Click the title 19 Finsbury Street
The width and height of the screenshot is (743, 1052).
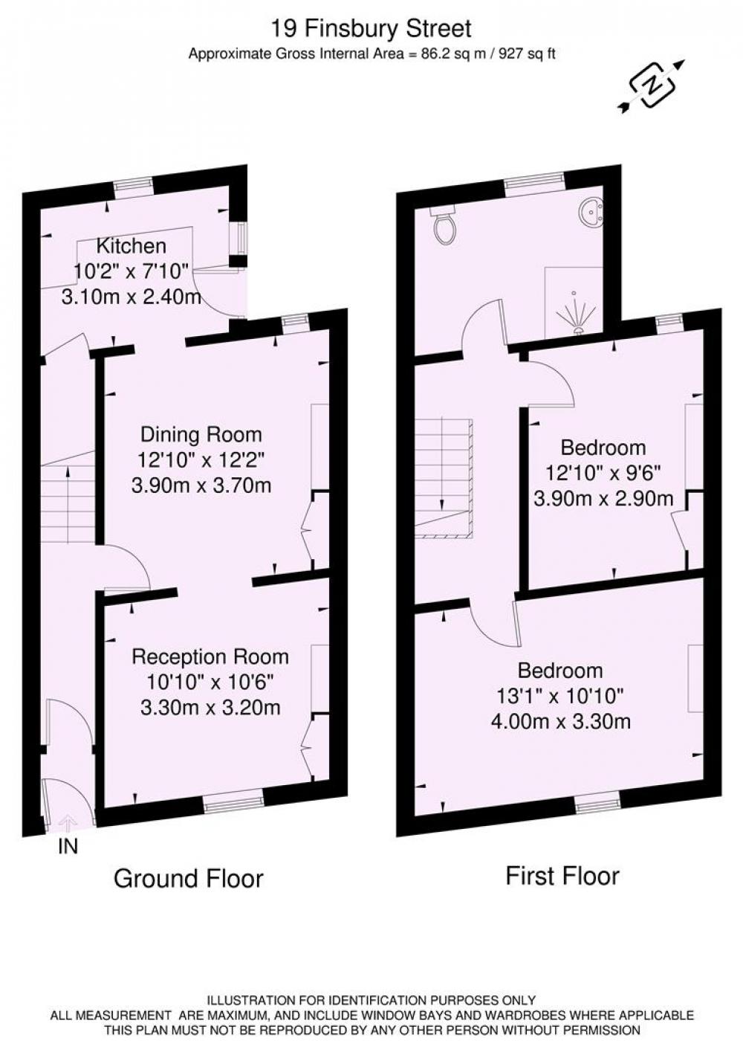(371, 29)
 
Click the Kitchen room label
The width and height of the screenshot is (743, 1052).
(132, 245)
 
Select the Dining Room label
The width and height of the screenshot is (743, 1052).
(201, 434)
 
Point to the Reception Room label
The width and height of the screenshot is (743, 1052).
(210, 656)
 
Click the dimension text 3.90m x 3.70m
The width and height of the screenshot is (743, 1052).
(201, 485)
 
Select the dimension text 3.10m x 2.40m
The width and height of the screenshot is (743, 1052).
(132, 297)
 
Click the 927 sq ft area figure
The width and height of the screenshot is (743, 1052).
(527, 54)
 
